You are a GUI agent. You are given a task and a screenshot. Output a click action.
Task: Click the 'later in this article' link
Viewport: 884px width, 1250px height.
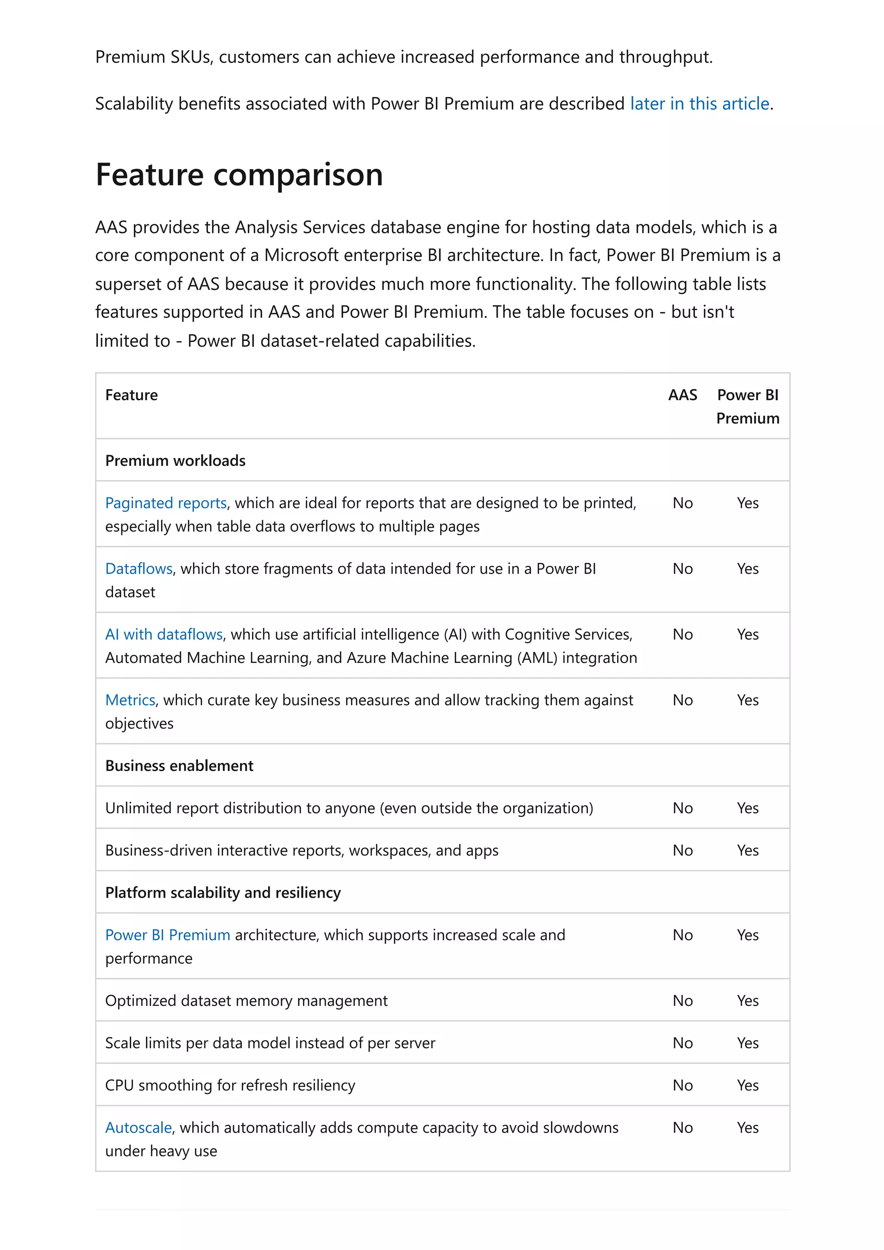[x=699, y=104]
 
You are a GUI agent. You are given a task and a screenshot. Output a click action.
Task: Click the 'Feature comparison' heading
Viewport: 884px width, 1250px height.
[x=239, y=175]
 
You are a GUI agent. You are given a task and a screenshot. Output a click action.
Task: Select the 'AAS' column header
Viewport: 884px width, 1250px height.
[x=682, y=395]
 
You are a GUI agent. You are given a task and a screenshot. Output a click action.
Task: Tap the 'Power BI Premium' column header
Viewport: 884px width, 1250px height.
[x=747, y=406]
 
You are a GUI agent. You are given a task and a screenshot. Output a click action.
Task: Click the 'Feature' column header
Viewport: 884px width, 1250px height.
[x=131, y=395]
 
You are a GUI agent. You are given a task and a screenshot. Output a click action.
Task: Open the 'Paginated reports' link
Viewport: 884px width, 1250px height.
[x=166, y=503]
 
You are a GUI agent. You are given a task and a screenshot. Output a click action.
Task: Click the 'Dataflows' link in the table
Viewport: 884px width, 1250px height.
[x=139, y=568]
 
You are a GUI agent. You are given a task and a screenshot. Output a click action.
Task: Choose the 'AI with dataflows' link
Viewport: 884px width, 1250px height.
[x=164, y=634]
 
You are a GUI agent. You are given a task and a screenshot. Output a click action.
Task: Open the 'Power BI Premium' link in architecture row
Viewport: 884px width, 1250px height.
[x=167, y=935]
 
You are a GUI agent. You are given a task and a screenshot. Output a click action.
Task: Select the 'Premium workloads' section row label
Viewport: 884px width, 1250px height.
[x=175, y=461]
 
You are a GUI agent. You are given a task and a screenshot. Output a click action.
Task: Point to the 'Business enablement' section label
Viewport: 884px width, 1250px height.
[x=179, y=766]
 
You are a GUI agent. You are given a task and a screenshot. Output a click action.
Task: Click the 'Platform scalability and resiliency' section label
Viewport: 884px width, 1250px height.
[x=223, y=892]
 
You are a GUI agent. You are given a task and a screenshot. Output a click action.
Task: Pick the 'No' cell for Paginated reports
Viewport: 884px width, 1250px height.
[x=682, y=503]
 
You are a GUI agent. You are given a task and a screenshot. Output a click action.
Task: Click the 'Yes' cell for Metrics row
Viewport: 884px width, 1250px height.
[x=747, y=700]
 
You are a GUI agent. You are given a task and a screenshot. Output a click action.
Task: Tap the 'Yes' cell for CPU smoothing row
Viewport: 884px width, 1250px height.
[x=747, y=1085]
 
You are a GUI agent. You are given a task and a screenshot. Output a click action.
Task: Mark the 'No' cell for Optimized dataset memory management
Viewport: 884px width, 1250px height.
[x=682, y=1000]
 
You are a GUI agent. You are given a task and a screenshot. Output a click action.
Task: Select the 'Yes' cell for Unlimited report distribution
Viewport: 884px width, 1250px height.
[x=747, y=808]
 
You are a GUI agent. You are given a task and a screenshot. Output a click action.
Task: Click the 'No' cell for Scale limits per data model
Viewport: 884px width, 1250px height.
[x=682, y=1043]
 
